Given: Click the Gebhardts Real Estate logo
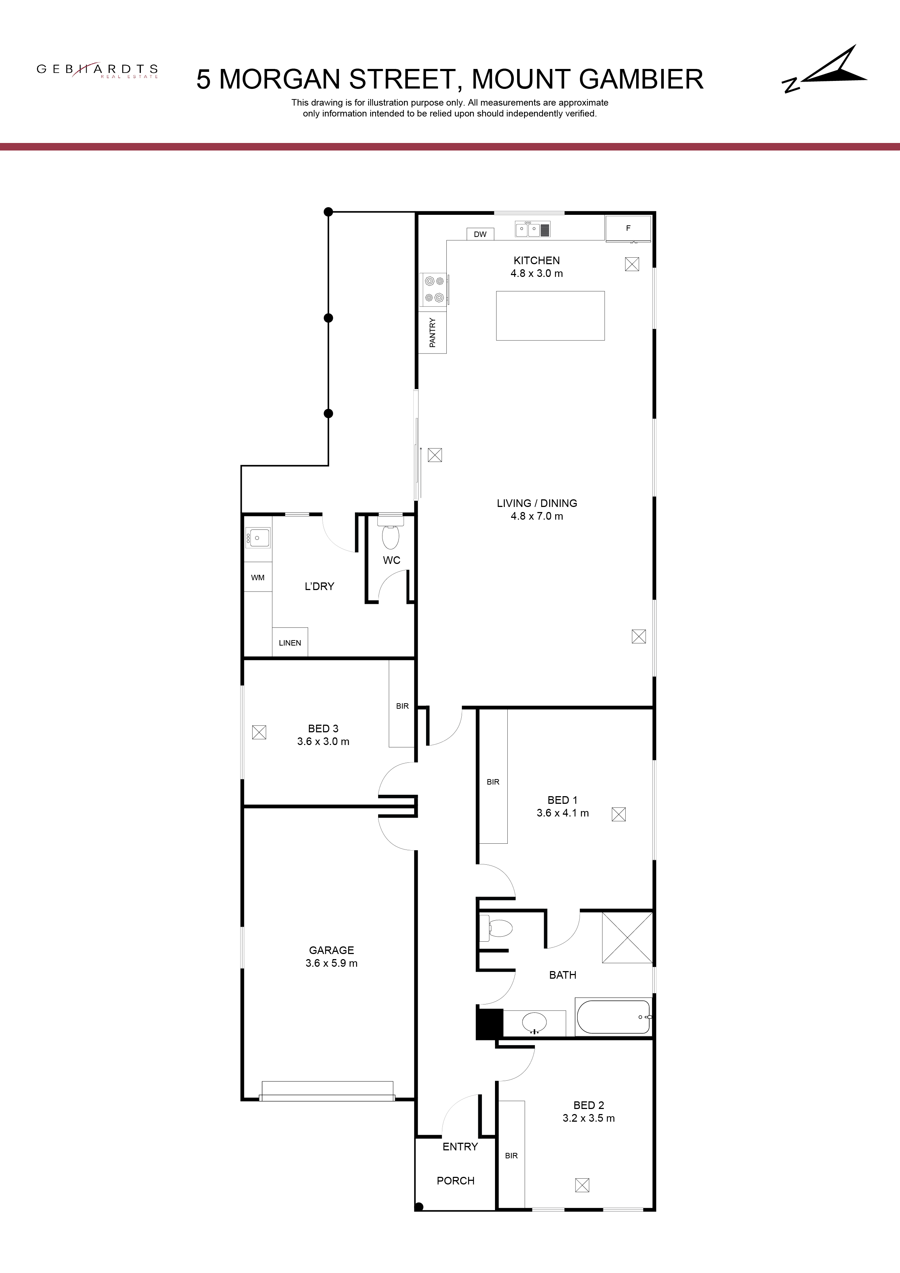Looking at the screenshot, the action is pos(97,70).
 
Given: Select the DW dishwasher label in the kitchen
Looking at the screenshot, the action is pos(480,234).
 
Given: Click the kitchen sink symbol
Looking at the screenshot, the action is pos(533,229).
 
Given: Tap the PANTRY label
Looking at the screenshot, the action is pos(433,333).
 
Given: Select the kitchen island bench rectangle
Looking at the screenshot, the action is pos(550,315).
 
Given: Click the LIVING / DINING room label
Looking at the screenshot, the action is pos(537,503).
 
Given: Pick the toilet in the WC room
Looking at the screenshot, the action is pos(391,534).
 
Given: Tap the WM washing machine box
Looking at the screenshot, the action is pos(258,577).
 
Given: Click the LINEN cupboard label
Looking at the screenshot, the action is pos(290,643).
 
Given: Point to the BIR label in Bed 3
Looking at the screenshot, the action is pos(402,706).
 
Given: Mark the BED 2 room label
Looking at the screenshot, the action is pos(589,1105).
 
